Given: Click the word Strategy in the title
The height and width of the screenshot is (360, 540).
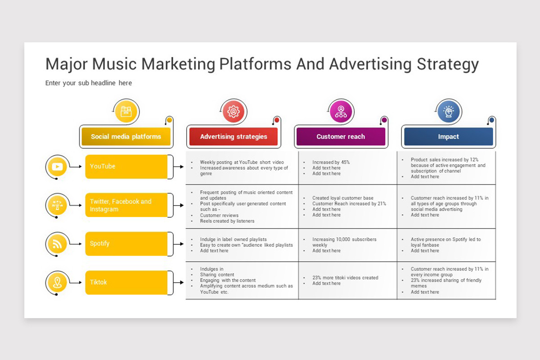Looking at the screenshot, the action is point(448,64).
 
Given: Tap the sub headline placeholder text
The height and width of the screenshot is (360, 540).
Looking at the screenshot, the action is point(89,83).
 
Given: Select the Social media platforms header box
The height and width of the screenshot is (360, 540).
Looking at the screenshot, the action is point(126,136).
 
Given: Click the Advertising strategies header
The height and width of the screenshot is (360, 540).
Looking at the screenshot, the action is point(234,136).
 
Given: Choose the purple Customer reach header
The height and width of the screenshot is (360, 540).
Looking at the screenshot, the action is point(341,136).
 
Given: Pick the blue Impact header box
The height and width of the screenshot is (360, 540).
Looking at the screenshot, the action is point(448,136).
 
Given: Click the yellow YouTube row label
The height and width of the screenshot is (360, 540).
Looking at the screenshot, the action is point(126,166).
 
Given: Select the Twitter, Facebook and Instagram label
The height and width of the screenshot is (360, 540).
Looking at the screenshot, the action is point(126,205).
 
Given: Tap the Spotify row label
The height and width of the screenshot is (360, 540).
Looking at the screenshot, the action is point(126,244).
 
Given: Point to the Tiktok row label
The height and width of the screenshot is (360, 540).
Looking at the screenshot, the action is point(126,282).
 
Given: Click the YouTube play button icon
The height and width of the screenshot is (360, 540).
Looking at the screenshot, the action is point(58,166).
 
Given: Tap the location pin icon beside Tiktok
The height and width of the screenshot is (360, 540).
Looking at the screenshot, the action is point(58,282).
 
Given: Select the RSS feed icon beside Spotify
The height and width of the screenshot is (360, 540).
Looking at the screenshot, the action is point(58,244).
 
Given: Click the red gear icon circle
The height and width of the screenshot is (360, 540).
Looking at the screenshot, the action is point(234,112).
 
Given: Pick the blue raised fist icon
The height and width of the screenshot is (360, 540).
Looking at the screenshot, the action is point(448,112).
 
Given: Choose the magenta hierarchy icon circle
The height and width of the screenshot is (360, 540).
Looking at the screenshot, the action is point(341,112).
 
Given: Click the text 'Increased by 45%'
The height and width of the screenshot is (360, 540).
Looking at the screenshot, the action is point(331,162).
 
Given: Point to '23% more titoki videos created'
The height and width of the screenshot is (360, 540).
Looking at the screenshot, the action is point(345,278).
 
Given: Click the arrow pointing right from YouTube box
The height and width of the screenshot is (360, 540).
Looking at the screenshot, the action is point(179,166).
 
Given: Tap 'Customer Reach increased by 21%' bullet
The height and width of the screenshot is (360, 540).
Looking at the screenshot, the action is point(349,204).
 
